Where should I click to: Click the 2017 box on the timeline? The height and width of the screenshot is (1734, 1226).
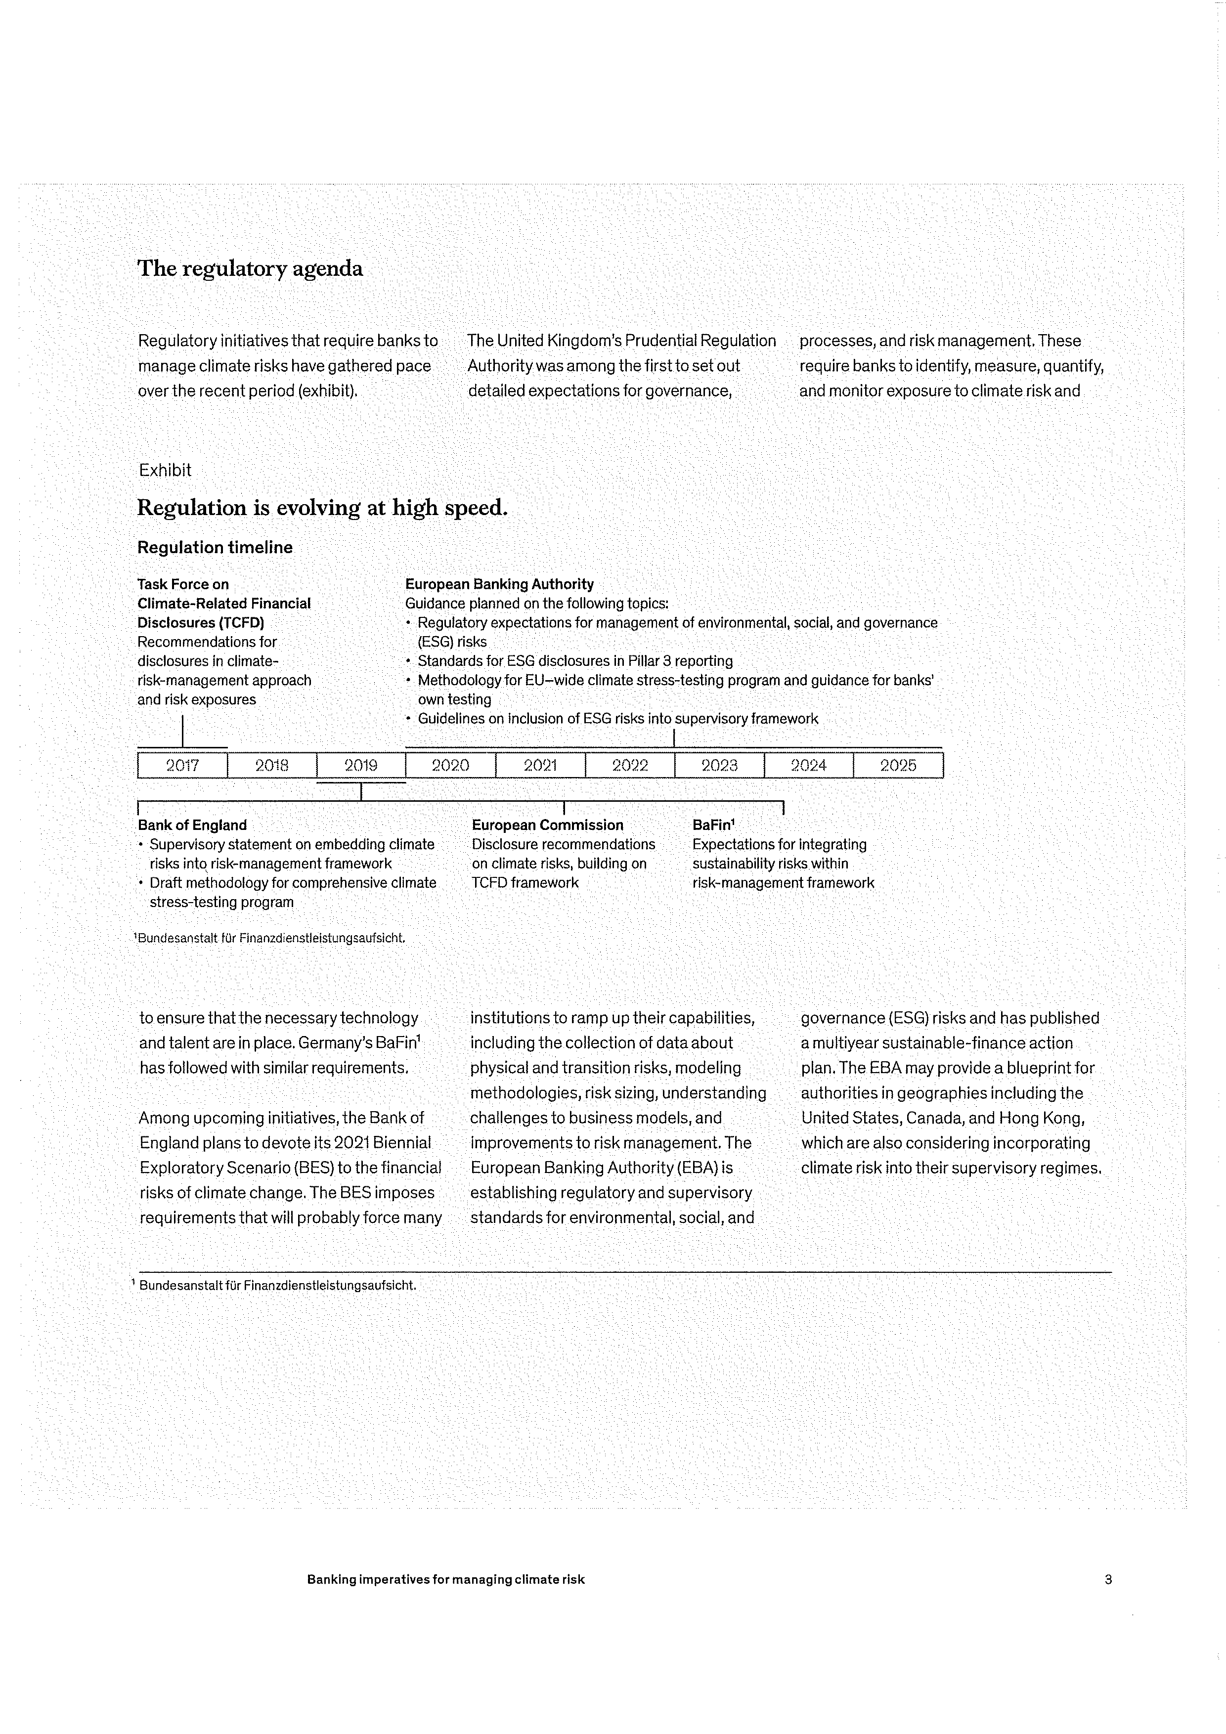click(182, 765)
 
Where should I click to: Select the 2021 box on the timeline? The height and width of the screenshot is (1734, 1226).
click(540, 765)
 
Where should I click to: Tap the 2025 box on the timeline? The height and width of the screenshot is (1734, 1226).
click(898, 765)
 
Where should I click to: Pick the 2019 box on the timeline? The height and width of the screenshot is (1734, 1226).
click(361, 765)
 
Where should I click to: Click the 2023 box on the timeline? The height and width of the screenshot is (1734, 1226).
click(719, 765)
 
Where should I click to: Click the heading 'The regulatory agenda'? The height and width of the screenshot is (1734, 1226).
click(250, 269)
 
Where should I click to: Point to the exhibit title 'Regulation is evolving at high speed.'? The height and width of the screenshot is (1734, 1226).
click(322, 508)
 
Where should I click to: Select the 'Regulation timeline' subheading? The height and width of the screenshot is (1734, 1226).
click(215, 548)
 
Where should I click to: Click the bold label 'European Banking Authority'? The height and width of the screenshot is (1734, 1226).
click(499, 584)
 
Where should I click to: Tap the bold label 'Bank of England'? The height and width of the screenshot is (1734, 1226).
click(192, 825)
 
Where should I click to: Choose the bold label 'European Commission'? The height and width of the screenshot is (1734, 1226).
click(548, 825)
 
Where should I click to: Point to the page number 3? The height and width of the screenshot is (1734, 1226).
click(1108, 1579)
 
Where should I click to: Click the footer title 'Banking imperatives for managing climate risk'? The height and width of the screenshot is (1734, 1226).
click(446, 1579)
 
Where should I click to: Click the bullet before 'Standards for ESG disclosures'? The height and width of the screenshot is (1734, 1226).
click(409, 661)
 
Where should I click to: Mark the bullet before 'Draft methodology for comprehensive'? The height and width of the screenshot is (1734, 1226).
click(141, 883)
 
